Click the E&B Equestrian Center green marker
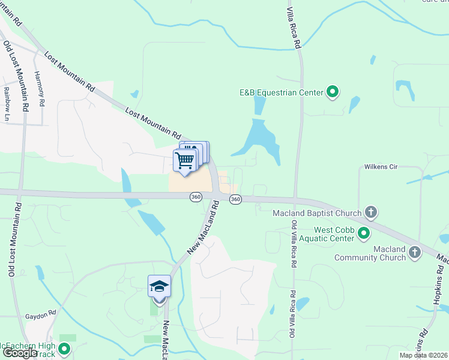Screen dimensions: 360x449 pos(333,92)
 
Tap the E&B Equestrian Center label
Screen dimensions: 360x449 pos(281,92)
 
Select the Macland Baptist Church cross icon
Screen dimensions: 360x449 pos(372,212)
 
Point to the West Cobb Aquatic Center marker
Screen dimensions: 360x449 pos(363,233)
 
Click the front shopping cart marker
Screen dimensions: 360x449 pos(185,161)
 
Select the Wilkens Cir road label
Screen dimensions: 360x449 pos(381,167)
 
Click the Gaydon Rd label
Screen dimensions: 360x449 pos(40,314)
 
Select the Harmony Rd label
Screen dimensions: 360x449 pos(40,89)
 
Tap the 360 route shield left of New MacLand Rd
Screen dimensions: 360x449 pos(196,198)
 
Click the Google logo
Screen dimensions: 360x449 pos(20,353)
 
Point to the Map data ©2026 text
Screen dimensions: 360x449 pos(423,355)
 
